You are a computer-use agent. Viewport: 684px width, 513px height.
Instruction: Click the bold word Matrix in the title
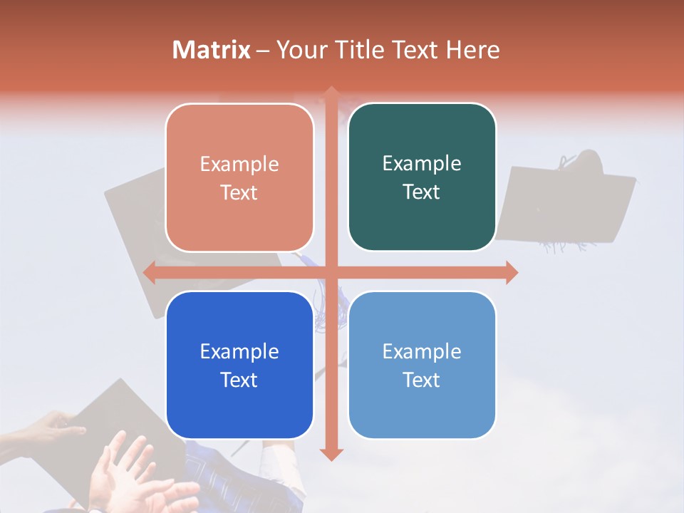pyautogui.click(x=212, y=50)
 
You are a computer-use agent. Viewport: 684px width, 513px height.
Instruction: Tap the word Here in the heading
pyautogui.click(x=472, y=50)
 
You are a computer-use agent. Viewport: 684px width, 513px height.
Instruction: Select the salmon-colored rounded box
pyautogui.click(x=239, y=177)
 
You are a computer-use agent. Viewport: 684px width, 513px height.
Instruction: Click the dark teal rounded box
pyautogui.click(x=422, y=177)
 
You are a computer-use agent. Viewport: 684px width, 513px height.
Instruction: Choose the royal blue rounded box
pyautogui.click(x=239, y=365)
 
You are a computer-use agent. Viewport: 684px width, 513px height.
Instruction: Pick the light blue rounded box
pyautogui.click(x=422, y=365)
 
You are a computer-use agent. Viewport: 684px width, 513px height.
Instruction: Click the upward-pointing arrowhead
pyautogui.click(x=331, y=92)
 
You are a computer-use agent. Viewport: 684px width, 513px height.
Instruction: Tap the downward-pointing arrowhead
pyautogui.click(x=331, y=454)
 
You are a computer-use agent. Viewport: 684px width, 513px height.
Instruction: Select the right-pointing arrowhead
pyautogui.click(x=512, y=272)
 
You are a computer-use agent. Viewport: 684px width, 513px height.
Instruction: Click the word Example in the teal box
pyautogui.click(x=422, y=164)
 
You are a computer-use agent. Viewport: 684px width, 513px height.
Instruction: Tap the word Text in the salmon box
pyautogui.click(x=239, y=192)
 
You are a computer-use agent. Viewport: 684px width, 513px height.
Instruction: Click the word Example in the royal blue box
pyautogui.click(x=239, y=351)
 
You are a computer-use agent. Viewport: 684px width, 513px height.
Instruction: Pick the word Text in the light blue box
pyautogui.click(x=422, y=380)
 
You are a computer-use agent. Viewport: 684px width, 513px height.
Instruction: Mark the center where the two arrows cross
pyautogui.click(x=331, y=272)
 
